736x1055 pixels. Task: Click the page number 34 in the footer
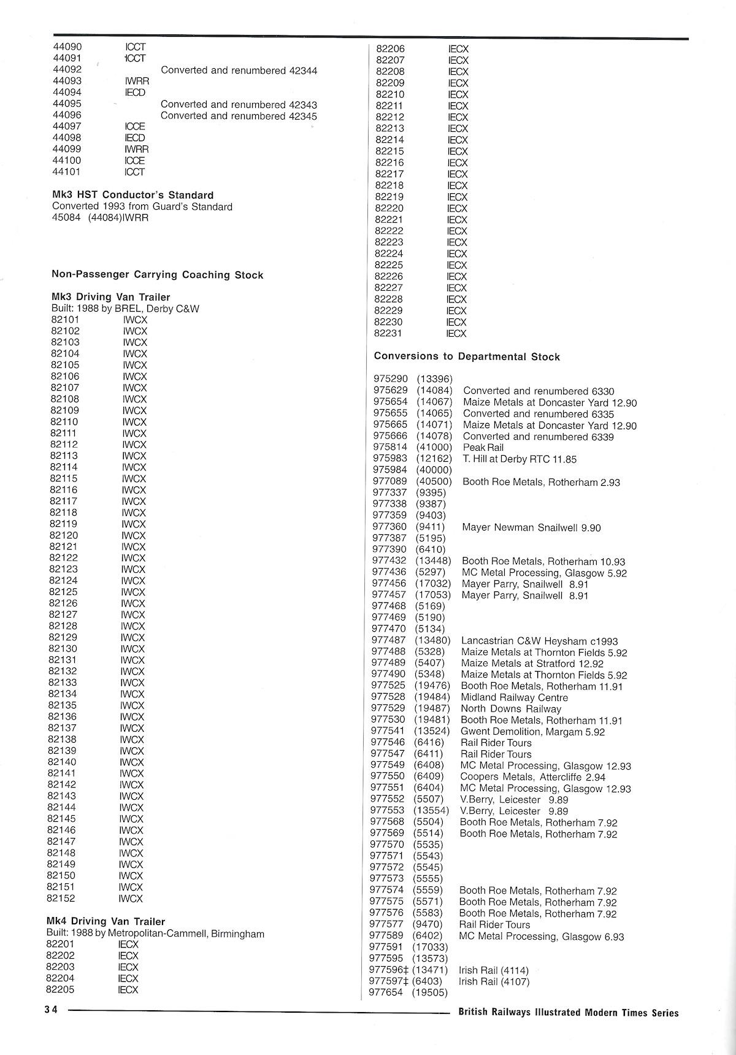[x=50, y=1011]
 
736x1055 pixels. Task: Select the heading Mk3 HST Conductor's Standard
[x=132, y=195]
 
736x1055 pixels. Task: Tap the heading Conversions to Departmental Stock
[x=467, y=356]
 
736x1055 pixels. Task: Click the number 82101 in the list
[x=65, y=320]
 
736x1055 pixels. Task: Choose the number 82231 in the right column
[x=389, y=333]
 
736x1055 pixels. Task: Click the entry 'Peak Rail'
[x=483, y=448]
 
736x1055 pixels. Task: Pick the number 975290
[x=391, y=379]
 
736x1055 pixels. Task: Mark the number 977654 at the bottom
[x=386, y=992]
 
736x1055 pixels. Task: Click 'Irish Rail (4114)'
[x=493, y=970]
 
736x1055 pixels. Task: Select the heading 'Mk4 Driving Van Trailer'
[x=105, y=921]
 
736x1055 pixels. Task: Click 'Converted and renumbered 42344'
[x=239, y=71]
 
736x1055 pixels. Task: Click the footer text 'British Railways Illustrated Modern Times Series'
[x=569, y=1013]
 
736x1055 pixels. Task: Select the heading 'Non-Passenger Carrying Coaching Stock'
[x=157, y=275]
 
